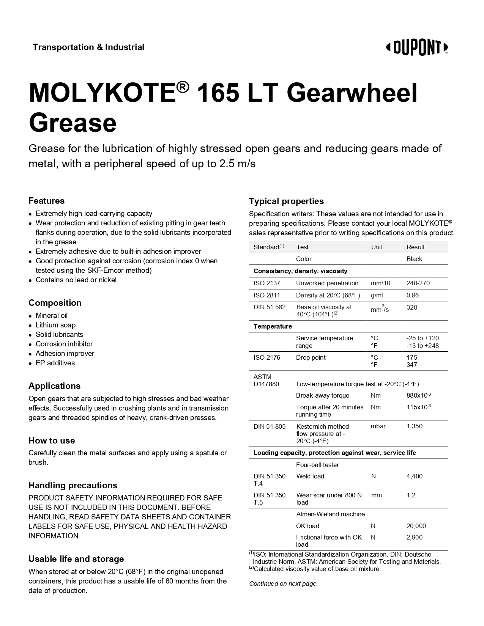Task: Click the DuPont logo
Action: [417, 48]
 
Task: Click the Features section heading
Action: [47, 201]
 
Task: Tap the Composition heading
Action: [55, 303]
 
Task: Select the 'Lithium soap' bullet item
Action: [55, 325]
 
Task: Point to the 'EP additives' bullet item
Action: [55, 363]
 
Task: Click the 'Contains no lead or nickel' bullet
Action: [76, 280]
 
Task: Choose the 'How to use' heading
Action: [52, 440]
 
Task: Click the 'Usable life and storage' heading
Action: [76, 559]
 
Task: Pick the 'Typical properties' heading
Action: [286, 201]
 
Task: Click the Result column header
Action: [415, 247]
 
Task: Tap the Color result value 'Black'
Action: [414, 259]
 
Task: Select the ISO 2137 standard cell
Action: [266, 283]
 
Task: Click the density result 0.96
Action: [413, 295]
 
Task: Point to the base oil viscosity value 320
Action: [411, 307]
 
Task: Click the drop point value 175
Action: [411, 357]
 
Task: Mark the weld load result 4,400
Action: [414, 476]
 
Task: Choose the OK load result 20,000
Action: [416, 526]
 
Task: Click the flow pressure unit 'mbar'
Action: [378, 426]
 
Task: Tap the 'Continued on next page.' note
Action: [283, 584]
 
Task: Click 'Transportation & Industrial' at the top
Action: [88, 47]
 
